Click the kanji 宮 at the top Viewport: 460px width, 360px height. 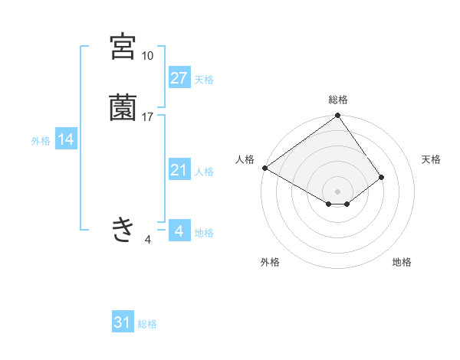(123, 47)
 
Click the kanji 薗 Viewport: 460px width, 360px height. (123, 108)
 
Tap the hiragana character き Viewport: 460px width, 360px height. (123, 229)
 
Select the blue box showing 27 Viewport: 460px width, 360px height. (179, 78)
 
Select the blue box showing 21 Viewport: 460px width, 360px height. (179, 170)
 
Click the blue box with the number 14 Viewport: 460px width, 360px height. (66, 139)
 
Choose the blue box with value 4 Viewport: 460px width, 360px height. (179, 231)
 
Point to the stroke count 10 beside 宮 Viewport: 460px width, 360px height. (147, 56)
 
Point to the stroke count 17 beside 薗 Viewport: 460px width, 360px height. (148, 116)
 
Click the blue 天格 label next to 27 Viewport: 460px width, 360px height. (204, 79)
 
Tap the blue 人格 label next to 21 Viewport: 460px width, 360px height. (204, 171)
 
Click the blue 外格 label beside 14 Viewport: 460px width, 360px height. (41, 140)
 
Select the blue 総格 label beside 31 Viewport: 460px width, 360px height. (147, 324)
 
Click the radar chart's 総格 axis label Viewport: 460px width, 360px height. (338, 100)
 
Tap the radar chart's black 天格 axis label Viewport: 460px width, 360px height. (431, 159)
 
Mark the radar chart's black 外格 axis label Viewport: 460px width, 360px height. (270, 262)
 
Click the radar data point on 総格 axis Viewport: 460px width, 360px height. (338, 116)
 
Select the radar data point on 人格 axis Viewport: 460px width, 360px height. (264, 168)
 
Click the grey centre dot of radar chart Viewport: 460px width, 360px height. (338, 191)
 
